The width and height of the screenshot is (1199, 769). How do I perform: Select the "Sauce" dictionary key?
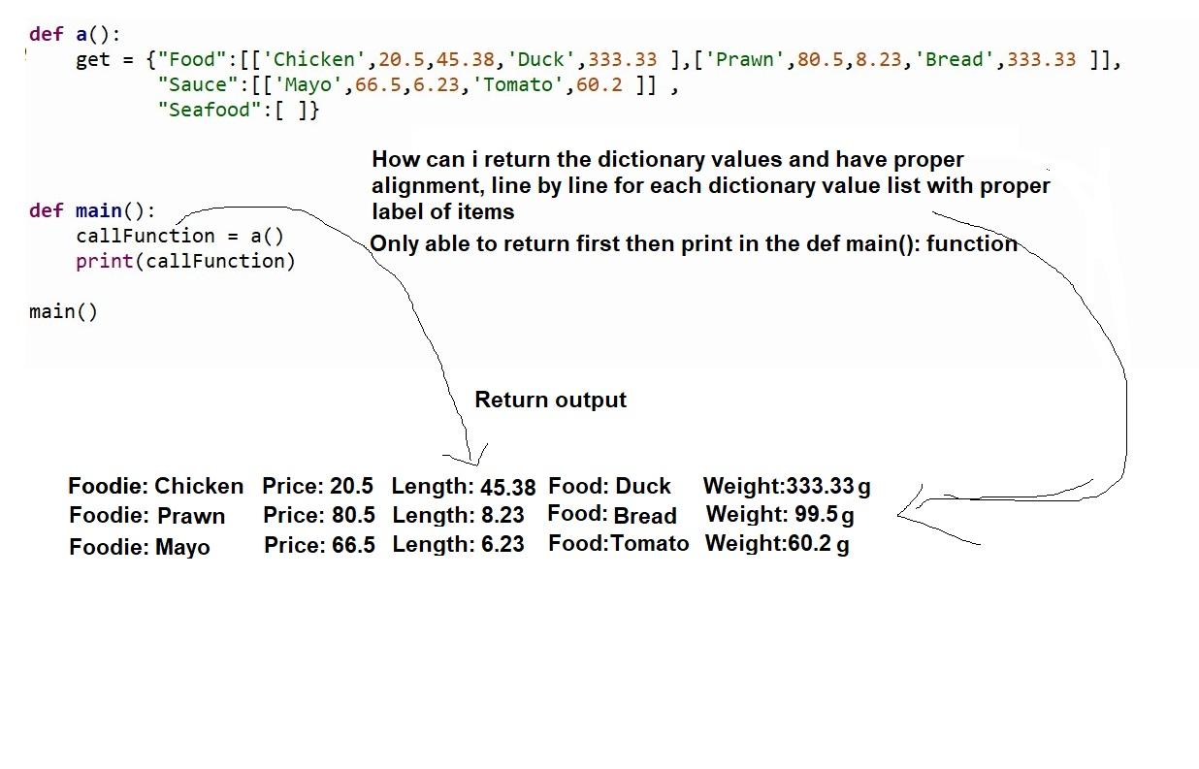[192, 85]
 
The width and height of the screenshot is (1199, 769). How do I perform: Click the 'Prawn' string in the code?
[744, 59]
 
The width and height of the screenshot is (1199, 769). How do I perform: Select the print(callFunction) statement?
[184, 261]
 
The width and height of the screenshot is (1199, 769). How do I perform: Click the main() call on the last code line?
[63, 311]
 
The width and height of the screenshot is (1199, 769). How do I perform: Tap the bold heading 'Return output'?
[550, 400]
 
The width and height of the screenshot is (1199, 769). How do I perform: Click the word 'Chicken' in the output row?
[199, 486]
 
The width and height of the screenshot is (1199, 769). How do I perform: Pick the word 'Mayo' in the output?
[182, 547]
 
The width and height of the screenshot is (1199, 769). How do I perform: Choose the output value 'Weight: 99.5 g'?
[780, 514]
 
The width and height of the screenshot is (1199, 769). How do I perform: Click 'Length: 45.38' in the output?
[463, 487]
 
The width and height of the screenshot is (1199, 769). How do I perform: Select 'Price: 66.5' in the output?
[319, 545]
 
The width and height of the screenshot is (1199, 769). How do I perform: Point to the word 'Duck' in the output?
[643, 486]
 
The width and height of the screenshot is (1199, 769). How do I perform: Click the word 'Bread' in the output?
[645, 516]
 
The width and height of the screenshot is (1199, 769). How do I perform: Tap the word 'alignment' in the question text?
[417, 184]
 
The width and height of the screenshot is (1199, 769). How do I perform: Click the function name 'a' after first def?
[81, 34]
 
